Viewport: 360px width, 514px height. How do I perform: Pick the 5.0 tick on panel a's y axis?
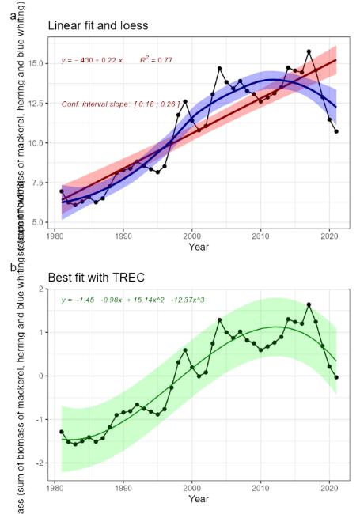coord(40,223)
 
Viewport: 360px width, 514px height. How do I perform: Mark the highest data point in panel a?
coord(309,51)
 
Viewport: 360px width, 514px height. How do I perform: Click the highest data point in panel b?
coord(309,304)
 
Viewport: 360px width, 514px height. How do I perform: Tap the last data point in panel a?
coord(336,131)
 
